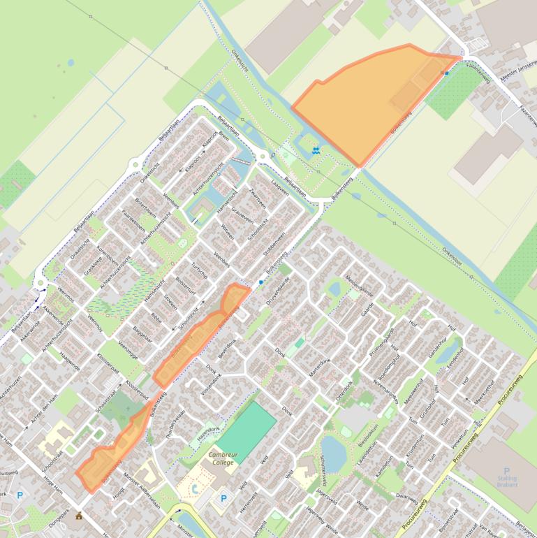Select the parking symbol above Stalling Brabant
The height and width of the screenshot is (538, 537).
pos(507,471)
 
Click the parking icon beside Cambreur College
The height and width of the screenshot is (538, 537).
pos(223,498)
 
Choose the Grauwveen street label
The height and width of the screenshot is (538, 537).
pos(242,210)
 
